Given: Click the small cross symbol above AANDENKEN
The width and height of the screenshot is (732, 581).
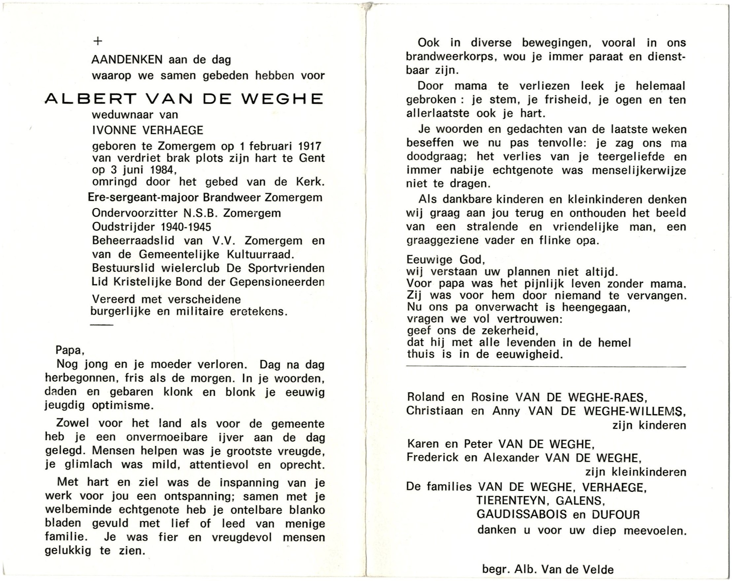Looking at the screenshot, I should click(98, 41).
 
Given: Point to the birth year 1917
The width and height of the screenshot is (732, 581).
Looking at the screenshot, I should click(309, 146).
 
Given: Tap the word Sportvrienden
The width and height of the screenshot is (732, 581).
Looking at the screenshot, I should click(286, 268).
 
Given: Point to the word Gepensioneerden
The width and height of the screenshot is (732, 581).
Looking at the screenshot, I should click(277, 282).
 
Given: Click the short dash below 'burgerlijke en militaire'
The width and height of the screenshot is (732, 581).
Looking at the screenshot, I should click(101, 325).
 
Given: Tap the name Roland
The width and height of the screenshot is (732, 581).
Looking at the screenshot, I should click(426, 397).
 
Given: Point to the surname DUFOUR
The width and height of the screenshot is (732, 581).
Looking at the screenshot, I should click(615, 515).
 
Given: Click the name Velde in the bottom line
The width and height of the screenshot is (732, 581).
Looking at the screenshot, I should click(599, 569).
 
